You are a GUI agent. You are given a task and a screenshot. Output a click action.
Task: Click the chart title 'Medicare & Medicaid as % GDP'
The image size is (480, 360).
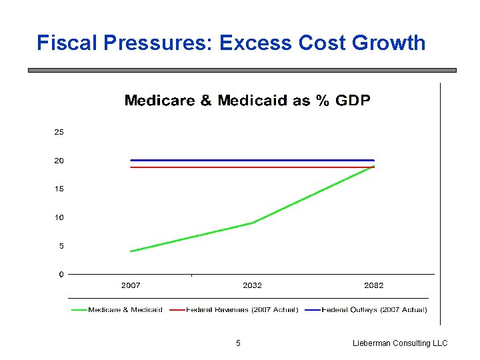[x=247, y=101]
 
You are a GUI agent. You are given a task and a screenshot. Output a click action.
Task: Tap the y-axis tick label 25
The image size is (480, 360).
[x=59, y=132]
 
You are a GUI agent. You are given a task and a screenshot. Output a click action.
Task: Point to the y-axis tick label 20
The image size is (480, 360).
[x=59, y=161]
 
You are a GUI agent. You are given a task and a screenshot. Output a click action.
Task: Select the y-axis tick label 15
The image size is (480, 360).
[x=59, y=189]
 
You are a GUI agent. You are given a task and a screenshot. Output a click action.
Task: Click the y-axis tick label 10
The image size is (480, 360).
[x=59, y=218]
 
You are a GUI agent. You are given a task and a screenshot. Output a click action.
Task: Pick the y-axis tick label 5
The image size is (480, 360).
[x=61, y=246]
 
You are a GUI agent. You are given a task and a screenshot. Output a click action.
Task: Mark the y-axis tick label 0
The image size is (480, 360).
[x=61, y=274]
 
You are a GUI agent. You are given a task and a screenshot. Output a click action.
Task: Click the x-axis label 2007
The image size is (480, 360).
[x=131, y=285]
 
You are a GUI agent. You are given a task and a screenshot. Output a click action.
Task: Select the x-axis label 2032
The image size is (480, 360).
[x=252, y=285]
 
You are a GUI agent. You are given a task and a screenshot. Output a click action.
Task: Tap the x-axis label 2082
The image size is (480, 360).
[x=374, y=285]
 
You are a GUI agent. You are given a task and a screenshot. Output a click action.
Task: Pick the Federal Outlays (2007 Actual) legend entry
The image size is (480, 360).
[x=374, y=309]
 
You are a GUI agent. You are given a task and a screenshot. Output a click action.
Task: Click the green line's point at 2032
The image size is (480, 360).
[x=252, y=223]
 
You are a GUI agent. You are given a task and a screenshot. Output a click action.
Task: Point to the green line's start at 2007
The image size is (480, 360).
[x=131, y=251]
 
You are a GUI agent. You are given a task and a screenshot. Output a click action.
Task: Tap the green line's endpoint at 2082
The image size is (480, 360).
[x=373, y=167]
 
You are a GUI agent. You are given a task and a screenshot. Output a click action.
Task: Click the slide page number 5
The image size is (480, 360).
[x=239, y=343]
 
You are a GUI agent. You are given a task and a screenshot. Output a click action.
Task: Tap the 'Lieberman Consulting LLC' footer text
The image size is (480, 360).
[x=400, y=343]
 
